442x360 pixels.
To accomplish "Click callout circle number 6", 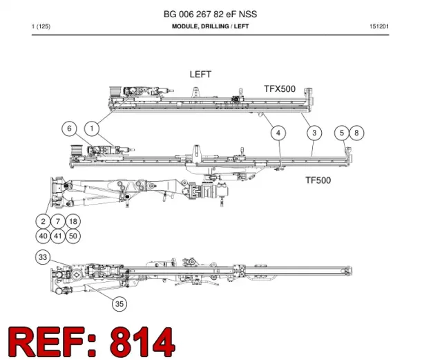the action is pyautogui.click(x=69, y=129).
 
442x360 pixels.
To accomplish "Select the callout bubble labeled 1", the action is pyautogui.click(x=92, y=129).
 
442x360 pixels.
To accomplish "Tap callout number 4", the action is pyautogui.click(x=278, y=133).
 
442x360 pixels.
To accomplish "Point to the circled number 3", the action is pyautogui.click(x=314, y=133).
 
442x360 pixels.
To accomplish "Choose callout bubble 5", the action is pyautogui.click(x=342, y=133).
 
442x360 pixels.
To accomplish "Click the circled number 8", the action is pyautogui.click(x=356, y=133).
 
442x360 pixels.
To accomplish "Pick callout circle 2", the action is pyautogui.click(x=43, y=221).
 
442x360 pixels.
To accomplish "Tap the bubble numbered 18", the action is pyautogui.click(x=73, y=221).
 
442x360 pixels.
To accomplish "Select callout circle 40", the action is pyautogui.click(x=43, y=236).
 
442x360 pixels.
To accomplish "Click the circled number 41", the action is pyautogui.click(x=58, y=236).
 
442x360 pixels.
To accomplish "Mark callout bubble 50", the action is pyautogui.click(x=73, y=236).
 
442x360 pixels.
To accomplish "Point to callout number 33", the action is pyautogui.click(x=43, y=257).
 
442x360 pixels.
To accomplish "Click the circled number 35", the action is pyautogui.click(x=119, y=304).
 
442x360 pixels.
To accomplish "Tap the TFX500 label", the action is pyautogui.click(x=280, y=89).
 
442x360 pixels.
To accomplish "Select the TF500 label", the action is pyautogui.click(x=318, y=180).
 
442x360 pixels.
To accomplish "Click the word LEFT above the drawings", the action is pyautogui.click(x=200, y=75).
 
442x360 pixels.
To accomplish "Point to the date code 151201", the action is pyautogui.click(x=379, y=26).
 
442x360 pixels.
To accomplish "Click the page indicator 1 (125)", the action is pyautogui.click(x=41, y=26).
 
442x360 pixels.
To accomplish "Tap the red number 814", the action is pyautogui.click(x=142, y=341).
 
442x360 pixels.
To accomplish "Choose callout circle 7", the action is pyautogui.click(x=58, y=221).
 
